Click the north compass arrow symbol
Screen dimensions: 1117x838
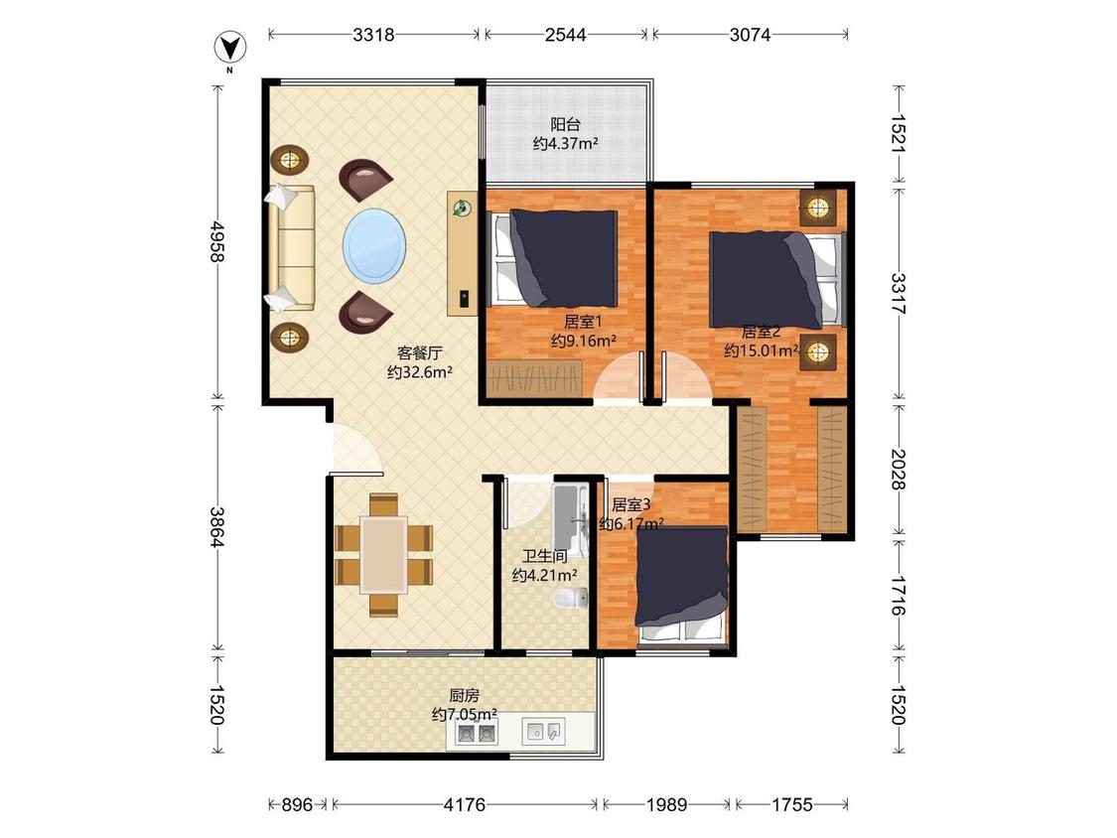(x=230, y=48)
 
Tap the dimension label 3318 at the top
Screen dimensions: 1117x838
(x=373, y=34)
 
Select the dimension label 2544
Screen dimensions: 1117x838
(x=566, y=34)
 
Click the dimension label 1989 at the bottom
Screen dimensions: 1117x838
(x=667, y=804)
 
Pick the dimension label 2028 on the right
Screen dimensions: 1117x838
(x=898, y=469)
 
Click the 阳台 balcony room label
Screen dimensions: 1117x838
(x=566, y=125)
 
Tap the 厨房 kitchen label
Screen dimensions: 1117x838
(x=464, y=695)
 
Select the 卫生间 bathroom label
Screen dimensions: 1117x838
(x=545, y=557)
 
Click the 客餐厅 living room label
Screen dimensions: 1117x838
(x=420, y=352)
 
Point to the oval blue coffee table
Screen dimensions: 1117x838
(x=374, y=245)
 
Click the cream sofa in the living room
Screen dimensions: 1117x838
(x=290, y=248)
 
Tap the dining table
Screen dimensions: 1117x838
(x=384, y=554)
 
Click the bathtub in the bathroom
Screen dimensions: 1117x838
(x=571, y=521)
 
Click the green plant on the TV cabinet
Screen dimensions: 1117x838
(x=463, y=208)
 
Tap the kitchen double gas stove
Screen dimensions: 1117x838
(x=477, y=732)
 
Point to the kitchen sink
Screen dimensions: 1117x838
(x=544, y=731)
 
